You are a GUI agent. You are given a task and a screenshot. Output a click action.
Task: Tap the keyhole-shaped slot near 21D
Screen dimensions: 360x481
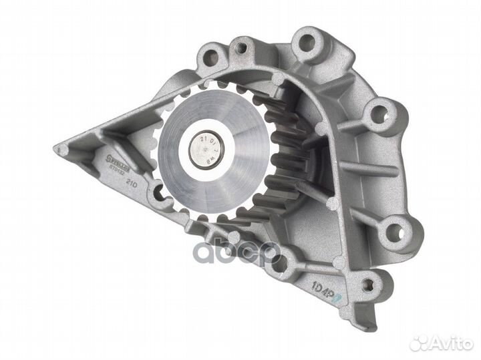[158, 194]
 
